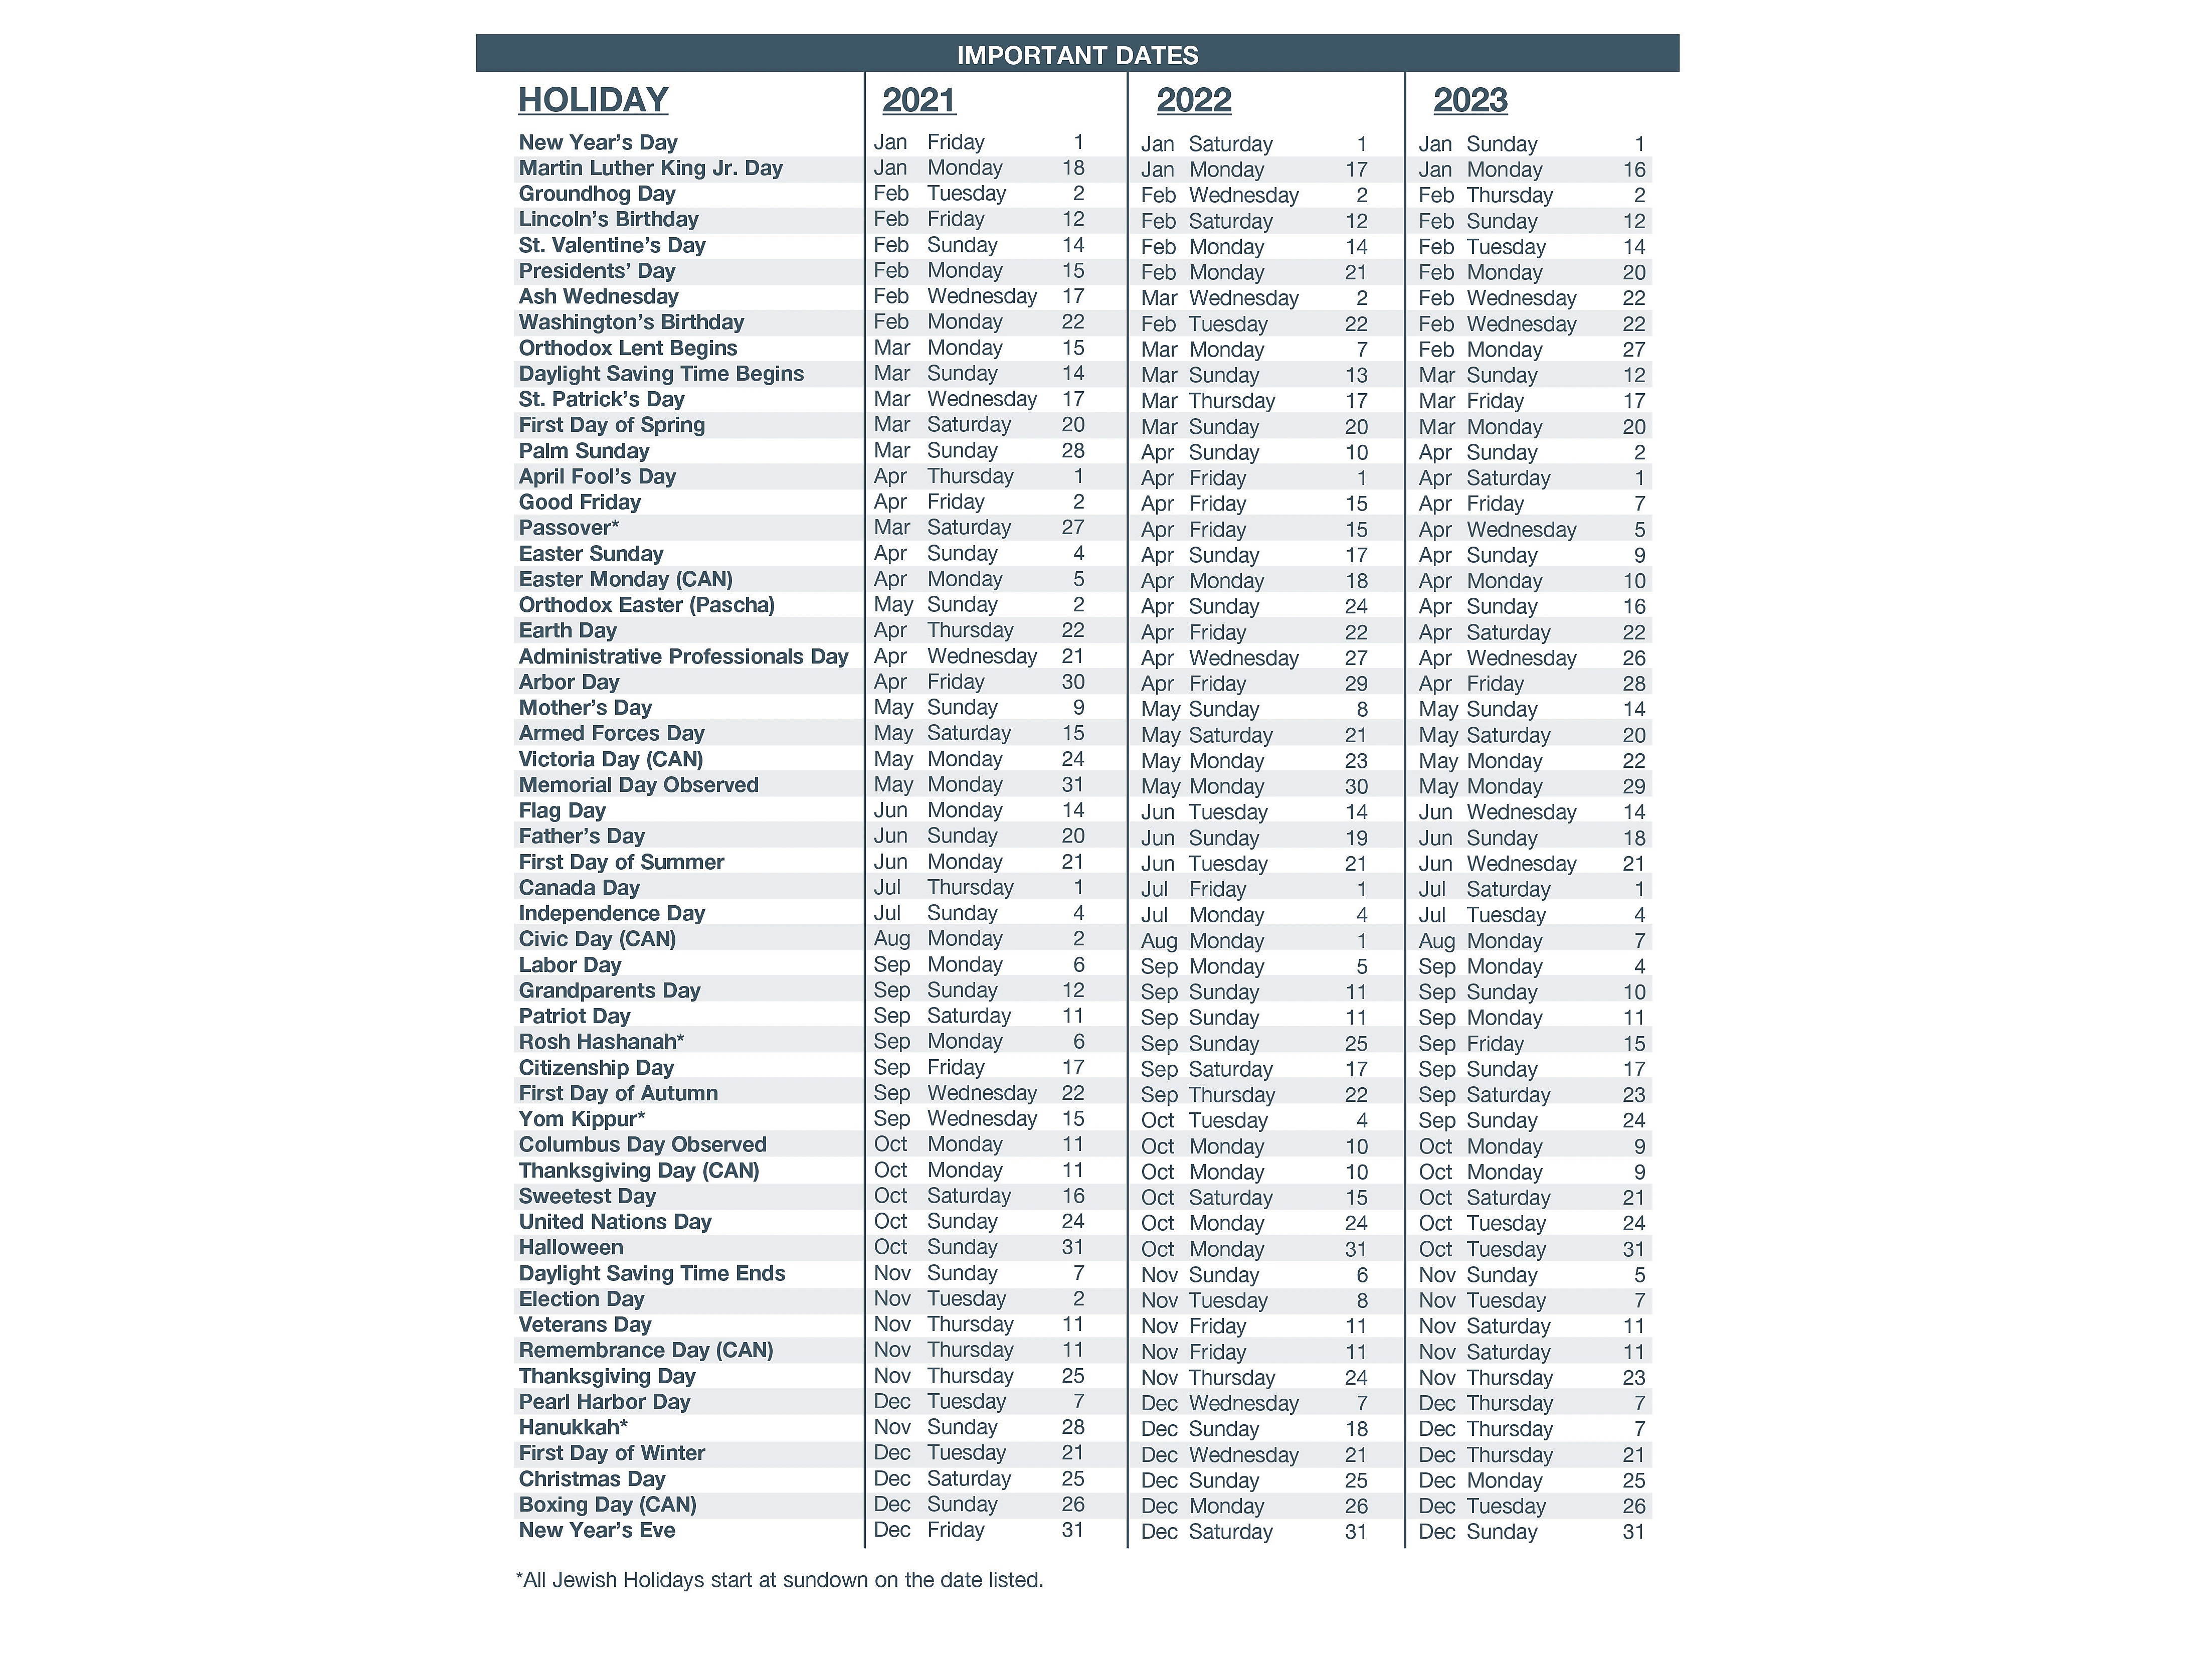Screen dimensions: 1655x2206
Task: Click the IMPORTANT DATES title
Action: coord(1077,55)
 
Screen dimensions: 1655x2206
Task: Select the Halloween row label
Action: coord(571,1247)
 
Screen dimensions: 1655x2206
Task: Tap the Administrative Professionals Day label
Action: coord(683,656)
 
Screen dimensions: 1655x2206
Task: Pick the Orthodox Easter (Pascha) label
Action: coord(646,604)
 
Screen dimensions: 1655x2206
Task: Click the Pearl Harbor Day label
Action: coord(604,1402)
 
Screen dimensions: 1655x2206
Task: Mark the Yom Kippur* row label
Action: coord(582,1118)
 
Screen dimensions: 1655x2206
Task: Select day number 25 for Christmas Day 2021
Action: coord(1072,1478)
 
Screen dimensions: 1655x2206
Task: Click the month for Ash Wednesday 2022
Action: coord(1159,298)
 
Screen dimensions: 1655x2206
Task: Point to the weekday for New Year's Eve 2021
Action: coord(956,1530)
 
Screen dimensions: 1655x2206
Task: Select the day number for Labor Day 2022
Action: coord(1361,966)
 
